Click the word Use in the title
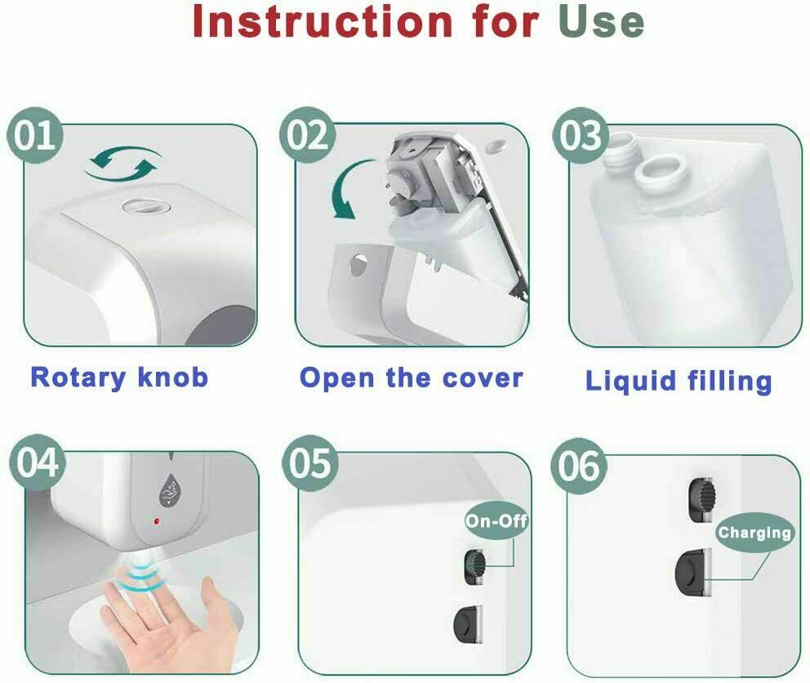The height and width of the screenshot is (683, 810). (x=601, y=22)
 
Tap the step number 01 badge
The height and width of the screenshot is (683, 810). (x=34, y=135)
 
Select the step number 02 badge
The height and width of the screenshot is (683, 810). (x=307, y=135)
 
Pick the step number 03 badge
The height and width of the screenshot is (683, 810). (x=581, y=135)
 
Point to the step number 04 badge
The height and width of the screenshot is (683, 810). (x=38, y=462)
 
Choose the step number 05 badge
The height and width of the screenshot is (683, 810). (x=310, y=462)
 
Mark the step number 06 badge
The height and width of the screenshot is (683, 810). (x=579, y=466)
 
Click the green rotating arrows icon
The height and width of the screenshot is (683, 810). (x=123, y=164)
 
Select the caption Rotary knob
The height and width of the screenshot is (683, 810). (x=119, y=377)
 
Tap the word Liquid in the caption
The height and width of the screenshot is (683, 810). (x=630, y=382)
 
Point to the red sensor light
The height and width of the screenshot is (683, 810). (x=157, y=522)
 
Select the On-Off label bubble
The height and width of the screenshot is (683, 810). (x=496, y=520)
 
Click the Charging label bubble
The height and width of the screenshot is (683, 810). (x=754, y=533)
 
